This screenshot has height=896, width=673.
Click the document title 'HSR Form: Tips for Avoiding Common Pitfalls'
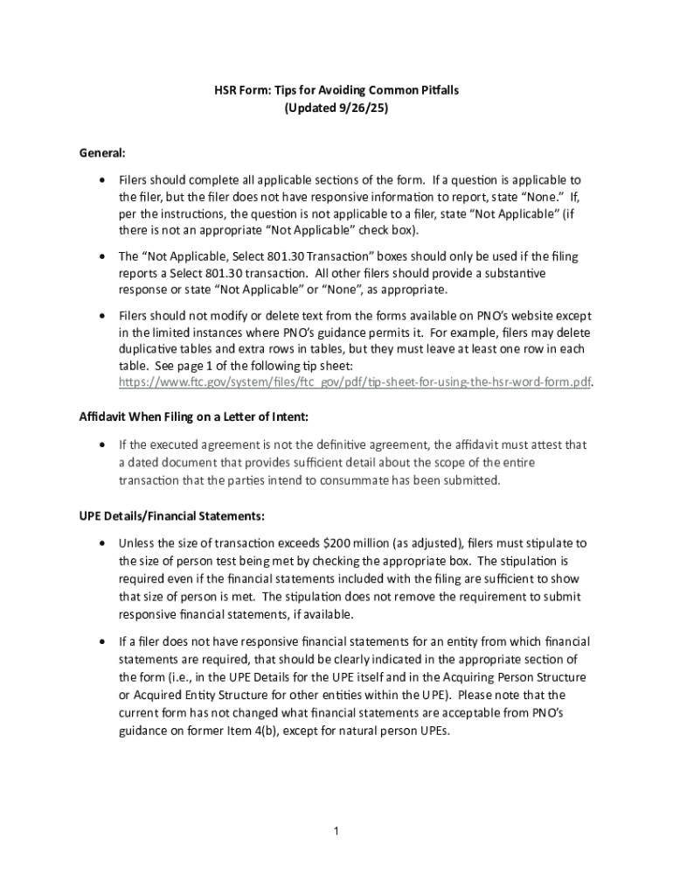click(337, 90)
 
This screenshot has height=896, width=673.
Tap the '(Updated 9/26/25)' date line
click(336, 109)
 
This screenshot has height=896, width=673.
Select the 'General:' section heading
click(102, 152)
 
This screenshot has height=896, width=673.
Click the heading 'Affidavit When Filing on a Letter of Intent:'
click(193, 416)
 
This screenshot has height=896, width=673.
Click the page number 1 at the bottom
click(336, 830)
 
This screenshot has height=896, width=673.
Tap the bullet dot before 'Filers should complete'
click(103, 179)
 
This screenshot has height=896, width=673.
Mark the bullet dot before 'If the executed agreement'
click(103, 445)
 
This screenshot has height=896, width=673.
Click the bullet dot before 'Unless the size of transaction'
click(103, 543)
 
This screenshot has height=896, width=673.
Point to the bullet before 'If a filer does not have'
click(103, 641)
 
